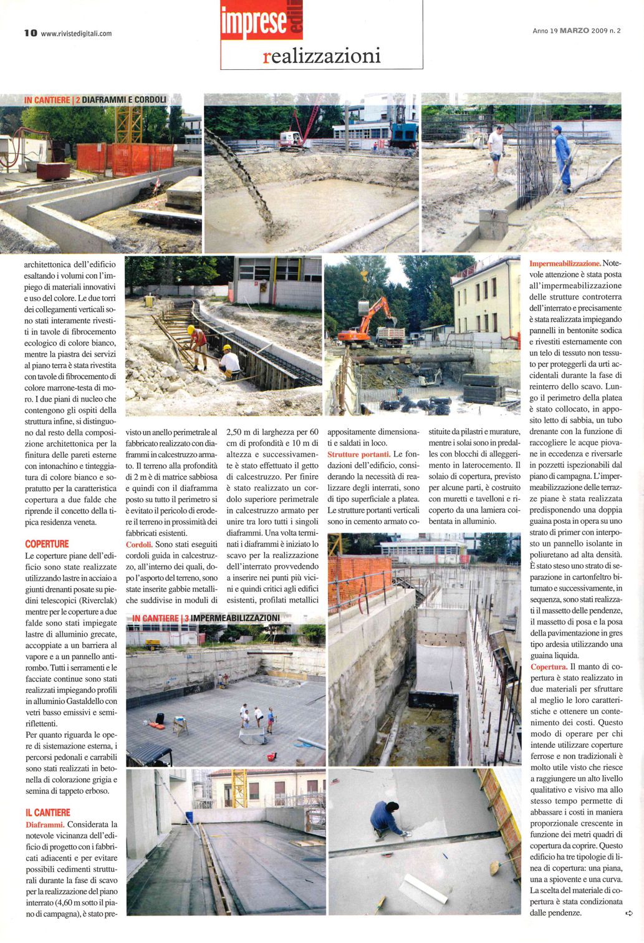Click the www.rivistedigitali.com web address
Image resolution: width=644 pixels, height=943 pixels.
point(76,34)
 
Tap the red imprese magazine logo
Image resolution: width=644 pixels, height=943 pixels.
point(254,21)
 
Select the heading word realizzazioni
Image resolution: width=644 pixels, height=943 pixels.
point(322,56)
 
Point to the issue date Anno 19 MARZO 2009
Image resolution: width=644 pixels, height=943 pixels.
point(577,30)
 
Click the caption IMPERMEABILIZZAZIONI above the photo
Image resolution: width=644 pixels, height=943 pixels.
point(236,617)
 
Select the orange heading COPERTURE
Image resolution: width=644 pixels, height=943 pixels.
point(47,544)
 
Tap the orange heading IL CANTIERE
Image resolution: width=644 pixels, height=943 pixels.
point(47,813)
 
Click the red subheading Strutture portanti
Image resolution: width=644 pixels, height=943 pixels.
point(358,454)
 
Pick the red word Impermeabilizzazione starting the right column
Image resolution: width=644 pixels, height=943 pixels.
point(564,263)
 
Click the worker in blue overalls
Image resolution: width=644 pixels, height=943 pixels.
point(562,158)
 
